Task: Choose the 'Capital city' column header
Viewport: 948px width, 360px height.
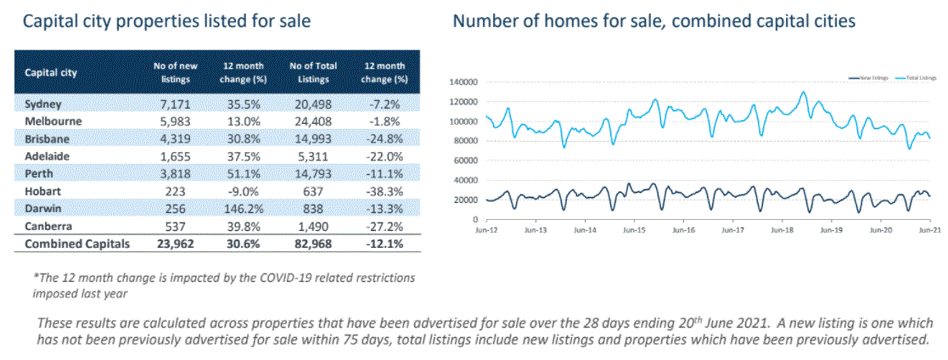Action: [x=51, y=73]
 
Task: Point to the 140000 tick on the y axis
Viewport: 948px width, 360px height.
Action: [x=465, y=82]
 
